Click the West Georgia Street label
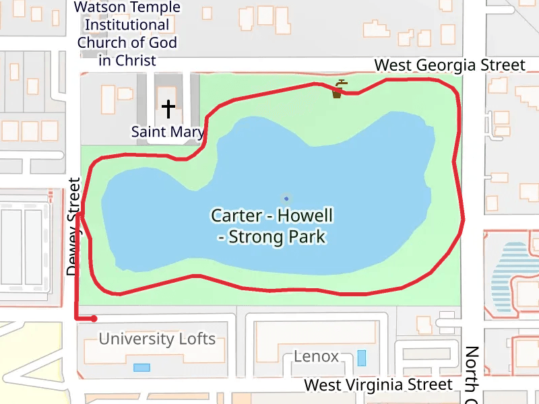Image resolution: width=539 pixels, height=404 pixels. point(449,65)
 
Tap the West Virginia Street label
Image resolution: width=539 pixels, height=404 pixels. point(378,384)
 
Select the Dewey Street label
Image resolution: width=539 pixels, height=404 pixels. point(73,227)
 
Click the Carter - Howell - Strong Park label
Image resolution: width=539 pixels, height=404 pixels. point(272,226)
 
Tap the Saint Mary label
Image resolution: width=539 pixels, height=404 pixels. point(167,131)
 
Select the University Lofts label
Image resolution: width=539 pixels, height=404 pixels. point(157,339)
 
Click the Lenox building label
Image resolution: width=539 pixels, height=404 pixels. point(316,356)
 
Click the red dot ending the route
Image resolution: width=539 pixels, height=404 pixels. point(94,318)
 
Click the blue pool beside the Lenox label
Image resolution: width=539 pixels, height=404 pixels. point(362,358)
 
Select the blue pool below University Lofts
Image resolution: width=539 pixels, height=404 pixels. point(141,367)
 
